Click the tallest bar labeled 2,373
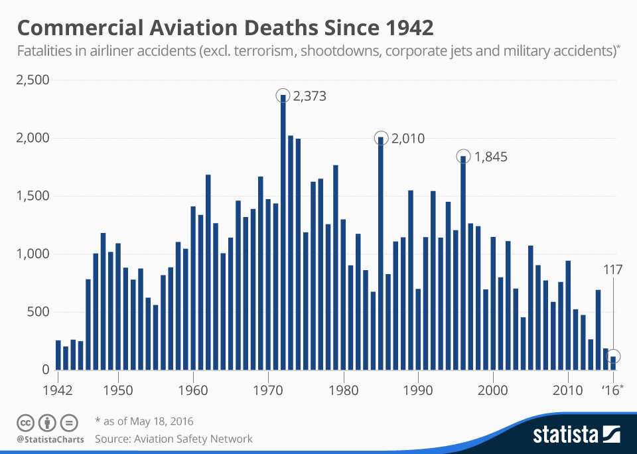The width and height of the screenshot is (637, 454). click(x=283, y=232)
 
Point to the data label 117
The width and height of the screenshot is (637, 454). click(x=612, y=270)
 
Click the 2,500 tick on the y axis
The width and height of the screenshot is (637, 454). click(x=33, y=80)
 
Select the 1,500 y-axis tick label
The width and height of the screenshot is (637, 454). click(x=33, y=196)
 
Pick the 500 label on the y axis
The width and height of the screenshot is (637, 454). click(x=39, y=312)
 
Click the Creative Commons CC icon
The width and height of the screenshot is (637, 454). click(x=25, y=422)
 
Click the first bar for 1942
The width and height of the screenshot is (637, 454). click(x=58, y=355)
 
